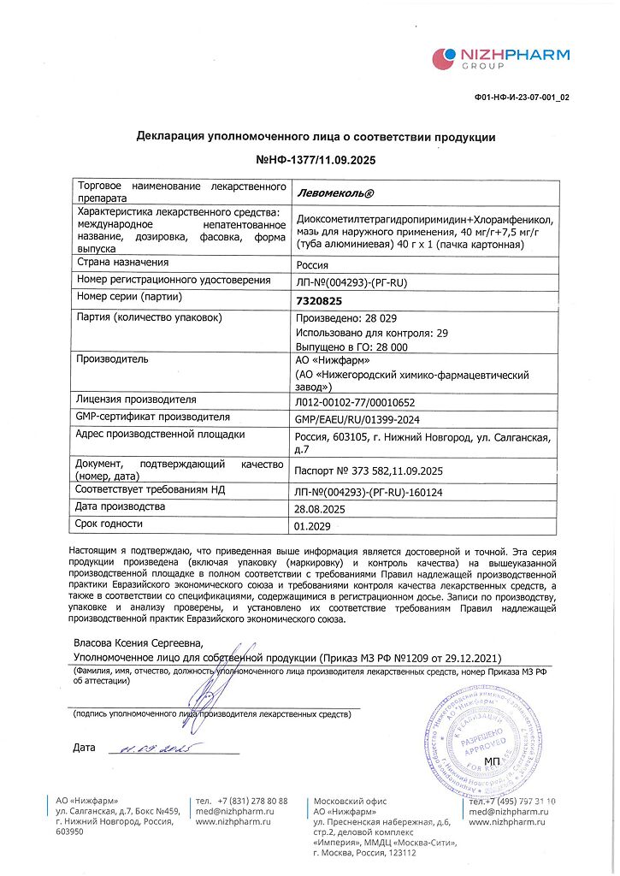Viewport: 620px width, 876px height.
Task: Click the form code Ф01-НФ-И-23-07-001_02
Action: [522, 98]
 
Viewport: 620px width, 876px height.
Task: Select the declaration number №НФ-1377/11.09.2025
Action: [316, 160]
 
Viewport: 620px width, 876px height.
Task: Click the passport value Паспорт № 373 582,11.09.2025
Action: [368, 471]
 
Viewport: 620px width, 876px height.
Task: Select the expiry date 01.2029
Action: [313, 526]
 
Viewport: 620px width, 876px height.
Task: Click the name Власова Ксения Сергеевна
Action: [138, 642]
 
